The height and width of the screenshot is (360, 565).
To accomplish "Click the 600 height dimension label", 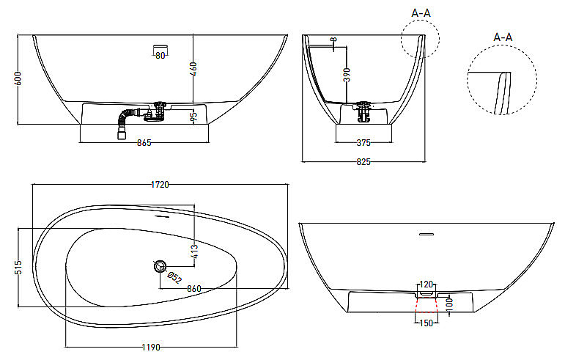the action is pyautogui.click(x=18, y=78).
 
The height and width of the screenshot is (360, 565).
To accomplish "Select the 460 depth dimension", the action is pyautogui.click(x=193, y=69).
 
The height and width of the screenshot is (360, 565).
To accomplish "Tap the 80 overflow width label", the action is pyautogui.click(x=160, y=56).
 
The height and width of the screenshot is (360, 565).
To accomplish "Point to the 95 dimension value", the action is pyautogui.click(x=194, y=116).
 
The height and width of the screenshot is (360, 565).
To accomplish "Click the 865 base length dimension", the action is pyautogui.click(x=144, y=143).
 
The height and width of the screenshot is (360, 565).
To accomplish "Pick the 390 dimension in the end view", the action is pyautogui.click(x=347, y=75).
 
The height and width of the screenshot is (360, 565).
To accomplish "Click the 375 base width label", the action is pyautogui.click(x=363, y=143).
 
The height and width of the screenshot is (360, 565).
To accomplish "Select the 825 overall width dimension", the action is pyautogui.click(x=363, y=162).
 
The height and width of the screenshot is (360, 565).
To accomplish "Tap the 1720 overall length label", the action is pyautogui.click(x=160, y=185).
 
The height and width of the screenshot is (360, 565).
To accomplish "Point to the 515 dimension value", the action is pyautogui.click(x=18, y=267).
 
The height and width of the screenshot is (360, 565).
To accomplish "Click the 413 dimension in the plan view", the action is pyautogui.click(x=194, y=251).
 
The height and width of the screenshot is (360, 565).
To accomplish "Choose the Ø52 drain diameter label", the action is pyautogui.click(x=175, y=277).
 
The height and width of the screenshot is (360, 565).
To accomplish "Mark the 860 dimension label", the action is pyautogui.click(x=194, y=289).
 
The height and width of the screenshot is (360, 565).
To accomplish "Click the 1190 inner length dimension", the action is pyautogui.click(x=151, y=348).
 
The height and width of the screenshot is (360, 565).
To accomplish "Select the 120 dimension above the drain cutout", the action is pyautogui.click(x=426, y=284).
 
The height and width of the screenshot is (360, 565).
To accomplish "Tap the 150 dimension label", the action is pyautogui.click(x=426, y=323).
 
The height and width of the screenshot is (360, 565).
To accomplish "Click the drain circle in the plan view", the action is pyautogui.click(x=160, y=266).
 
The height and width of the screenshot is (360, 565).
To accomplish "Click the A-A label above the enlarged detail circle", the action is pyautogui.click(x=503, y=37).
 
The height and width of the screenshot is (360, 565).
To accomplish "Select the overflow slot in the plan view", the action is pyautogui.click(x=162, y=216).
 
